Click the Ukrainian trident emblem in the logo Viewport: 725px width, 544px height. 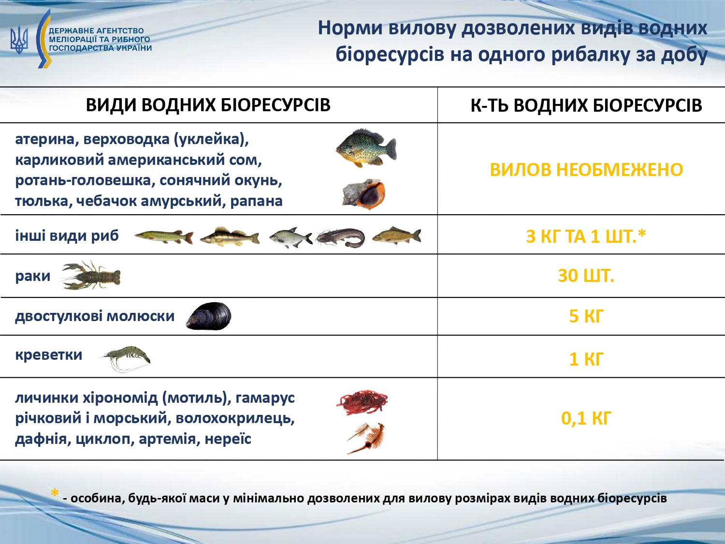coord(19,40)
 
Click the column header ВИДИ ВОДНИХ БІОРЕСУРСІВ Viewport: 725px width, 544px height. coord(208,105)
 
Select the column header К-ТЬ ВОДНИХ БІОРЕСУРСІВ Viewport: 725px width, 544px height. coord(586,105)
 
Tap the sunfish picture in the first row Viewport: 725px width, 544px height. coord(366,148)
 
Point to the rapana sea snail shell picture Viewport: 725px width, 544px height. coord(364,194)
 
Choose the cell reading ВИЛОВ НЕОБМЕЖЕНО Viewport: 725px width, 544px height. coord(586,170)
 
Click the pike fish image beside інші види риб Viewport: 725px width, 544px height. coord(164,237)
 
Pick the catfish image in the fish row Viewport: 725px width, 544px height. coord(341,237)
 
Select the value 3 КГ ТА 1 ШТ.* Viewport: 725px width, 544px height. coord(586,236)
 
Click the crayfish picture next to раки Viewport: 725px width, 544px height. coord(92,276)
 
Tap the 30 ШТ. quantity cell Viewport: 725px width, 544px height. coord(586,276)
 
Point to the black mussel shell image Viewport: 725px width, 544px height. coord(209,317)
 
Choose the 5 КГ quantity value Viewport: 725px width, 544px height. coord(586,316)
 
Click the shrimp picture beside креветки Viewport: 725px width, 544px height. coord(126,357)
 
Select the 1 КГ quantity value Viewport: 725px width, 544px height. coord(586,359)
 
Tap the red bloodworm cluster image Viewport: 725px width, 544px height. coord(362,402)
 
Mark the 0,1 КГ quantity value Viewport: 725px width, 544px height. coord(586,418)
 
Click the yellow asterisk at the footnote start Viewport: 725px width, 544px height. coord(55,494)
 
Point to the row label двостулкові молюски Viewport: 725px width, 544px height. coord(95,316)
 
